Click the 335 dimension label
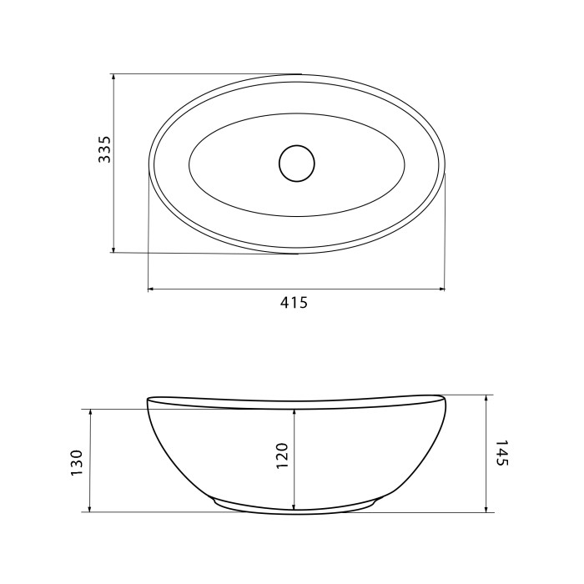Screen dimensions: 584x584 tap(104, 149)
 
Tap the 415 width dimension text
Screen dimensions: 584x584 tap(295, 303)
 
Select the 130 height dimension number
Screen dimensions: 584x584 tap(77, 463)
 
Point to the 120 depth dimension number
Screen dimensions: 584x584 tap(283, 456)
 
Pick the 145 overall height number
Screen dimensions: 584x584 tap(502, 453)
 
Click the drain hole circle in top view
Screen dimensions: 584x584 tap(297, 164)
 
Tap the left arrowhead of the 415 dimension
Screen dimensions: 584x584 tap(151, 289)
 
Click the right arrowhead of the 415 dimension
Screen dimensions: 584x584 tap(442, 289)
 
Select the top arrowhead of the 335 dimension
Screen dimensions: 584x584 tap(113, 77)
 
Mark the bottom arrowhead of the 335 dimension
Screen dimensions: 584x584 tap(113, 249)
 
